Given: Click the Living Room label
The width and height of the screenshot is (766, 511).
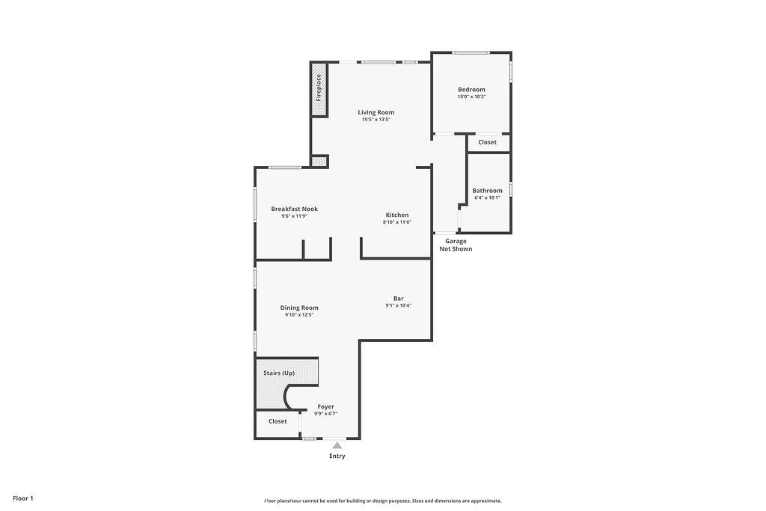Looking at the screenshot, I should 376,112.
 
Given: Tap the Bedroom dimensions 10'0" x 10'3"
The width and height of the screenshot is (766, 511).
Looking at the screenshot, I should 472,97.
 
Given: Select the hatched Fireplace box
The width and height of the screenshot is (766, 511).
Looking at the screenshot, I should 319,89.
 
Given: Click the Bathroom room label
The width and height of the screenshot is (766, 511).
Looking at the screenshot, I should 487,191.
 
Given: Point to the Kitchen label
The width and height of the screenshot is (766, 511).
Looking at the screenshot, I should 397,215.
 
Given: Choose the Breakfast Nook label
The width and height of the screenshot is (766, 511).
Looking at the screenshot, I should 294,209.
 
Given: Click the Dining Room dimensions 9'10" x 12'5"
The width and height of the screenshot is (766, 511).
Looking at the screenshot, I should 299,315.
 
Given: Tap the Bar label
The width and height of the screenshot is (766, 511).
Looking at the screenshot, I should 399,298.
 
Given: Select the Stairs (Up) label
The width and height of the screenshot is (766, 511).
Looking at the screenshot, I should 279,373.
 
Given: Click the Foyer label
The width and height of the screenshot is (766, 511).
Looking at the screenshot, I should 325,406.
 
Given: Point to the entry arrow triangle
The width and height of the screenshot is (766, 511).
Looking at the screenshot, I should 337,445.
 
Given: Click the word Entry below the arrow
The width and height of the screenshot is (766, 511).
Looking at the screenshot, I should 337,456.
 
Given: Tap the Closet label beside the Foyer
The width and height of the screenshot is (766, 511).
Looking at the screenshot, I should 278,421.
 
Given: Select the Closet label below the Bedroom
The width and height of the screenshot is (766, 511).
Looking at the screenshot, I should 487,142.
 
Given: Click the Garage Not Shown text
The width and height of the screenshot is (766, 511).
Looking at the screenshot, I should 456,245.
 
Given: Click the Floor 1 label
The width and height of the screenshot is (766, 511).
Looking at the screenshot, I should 23,498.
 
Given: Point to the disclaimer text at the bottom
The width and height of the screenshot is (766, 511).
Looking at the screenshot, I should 382,501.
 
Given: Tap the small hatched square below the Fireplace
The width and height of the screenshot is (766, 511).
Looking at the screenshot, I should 319,160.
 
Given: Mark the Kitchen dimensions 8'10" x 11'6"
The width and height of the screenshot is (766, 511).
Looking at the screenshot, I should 397,222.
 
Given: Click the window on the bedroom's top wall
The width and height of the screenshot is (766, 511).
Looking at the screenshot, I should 471,52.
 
